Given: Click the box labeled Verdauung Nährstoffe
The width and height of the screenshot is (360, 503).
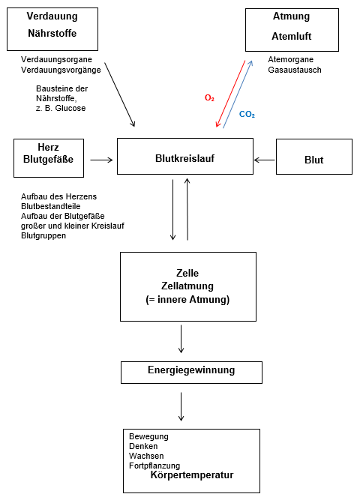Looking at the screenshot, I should tap(52, 28).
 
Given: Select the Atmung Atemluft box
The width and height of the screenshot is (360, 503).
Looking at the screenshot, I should tap(291, 29).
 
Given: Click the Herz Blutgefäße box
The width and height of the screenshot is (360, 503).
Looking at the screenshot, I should tap(48, 157).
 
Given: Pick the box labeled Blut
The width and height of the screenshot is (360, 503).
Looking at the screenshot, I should tap(313, 158).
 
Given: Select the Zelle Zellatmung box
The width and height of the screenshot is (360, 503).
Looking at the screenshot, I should tap(188, 286).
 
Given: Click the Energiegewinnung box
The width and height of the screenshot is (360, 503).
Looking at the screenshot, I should tap(191, 371).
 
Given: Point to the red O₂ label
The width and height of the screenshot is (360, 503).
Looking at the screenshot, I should tap(210, 97).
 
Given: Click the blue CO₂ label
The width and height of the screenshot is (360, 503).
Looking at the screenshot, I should tap(247, 115).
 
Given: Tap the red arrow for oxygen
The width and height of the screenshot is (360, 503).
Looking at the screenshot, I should tap(230, 94).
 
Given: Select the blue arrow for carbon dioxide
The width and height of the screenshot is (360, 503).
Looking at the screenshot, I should tap(238, 94).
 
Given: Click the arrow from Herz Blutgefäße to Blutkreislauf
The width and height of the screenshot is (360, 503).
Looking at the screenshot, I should tap(101, 159).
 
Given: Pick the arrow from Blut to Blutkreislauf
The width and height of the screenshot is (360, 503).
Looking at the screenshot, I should tap(265, 159).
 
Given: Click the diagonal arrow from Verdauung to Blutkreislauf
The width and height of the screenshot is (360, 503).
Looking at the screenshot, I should tap(120, 94).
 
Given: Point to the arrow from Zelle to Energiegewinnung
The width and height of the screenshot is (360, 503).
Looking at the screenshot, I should tap(181, 339).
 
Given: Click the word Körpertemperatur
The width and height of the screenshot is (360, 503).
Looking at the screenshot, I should tap(192, 475).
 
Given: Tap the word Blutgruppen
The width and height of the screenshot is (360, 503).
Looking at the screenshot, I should tap(43, 235).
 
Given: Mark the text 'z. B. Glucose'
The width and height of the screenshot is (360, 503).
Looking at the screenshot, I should tap(61, 108).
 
